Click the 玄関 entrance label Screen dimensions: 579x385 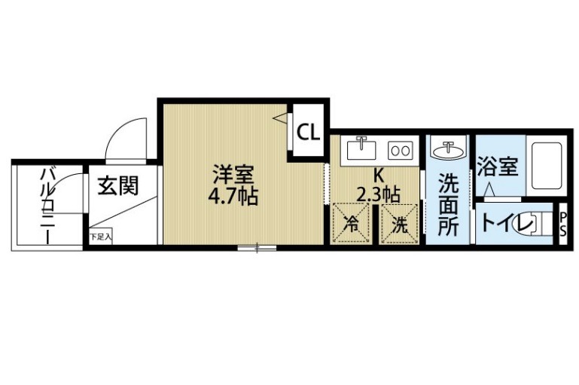[x=117, y=185]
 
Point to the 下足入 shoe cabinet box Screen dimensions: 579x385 [x=100, y=237]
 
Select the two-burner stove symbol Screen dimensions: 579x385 [x=400, y=151]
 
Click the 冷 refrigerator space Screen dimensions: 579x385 [x=351, y=223]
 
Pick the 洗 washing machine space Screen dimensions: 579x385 [x=400, y=223]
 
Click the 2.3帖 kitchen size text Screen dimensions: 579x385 [x=378, y=194]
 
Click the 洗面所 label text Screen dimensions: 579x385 [x=448, y=205]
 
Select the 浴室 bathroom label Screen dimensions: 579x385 [x=498, y=167]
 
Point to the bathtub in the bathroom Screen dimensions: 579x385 [x=547, y=165]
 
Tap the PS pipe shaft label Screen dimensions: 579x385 [x=563, y=224]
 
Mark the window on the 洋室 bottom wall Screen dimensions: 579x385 [x=257, y=248]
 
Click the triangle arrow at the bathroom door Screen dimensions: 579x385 [x=489, y=190]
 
